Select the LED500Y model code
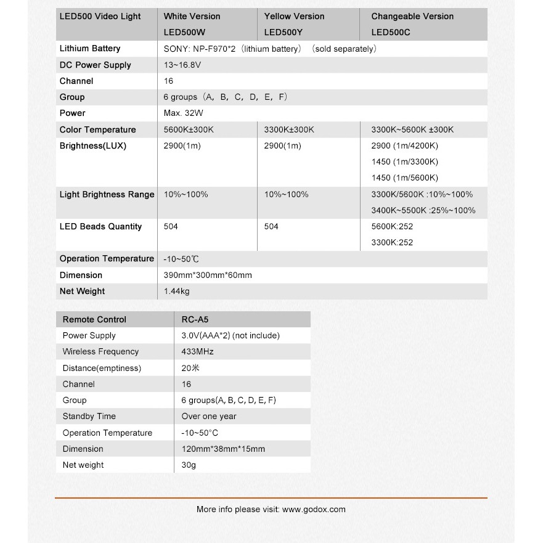pos(285,32)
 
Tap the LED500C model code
pos(391,32)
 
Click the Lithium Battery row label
pos(90,49)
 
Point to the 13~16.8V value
pos(182,65)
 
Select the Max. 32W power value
pos(184,113)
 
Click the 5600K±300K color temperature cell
pos(189,129)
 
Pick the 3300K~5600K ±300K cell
pos(412,129)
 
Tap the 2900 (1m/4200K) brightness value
pos(404,146)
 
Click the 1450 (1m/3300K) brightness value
pos(404,162)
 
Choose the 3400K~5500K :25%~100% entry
pos(423,210)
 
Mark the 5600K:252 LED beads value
pos(392,226)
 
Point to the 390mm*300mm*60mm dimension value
pos(208,275)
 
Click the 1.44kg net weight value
pos(177,291)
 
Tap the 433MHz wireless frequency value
pos(197,352)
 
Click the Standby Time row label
pos(89,417)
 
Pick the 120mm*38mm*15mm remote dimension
pos(223,449)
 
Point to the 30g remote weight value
pos(189,465)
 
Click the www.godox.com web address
pos(314,510)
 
